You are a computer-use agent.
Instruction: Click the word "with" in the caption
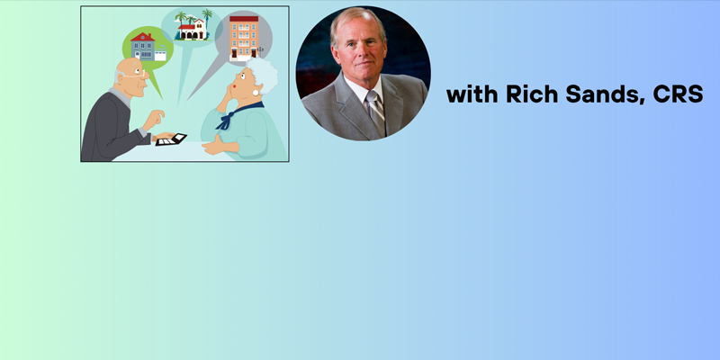click(x=472, y=94)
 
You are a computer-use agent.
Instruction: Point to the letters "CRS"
click(x=678, y=94)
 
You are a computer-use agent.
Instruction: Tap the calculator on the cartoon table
click(x=171, y=139)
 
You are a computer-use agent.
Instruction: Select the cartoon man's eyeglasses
click(x=137, y=74)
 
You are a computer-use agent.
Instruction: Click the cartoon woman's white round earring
click(x=256, y=93)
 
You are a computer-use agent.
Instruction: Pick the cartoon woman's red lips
click(x=234, y=86)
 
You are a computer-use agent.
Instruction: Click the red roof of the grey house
click(x=142, y=37)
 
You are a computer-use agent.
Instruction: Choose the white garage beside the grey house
click(x=160, y=56)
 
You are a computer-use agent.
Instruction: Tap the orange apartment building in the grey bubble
click(x=244, y=38)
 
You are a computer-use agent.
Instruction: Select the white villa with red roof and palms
click(x=192, y=31)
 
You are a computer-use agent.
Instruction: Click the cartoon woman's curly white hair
click(x=264, y=75)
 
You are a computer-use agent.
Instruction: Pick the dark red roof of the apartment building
click(x=244, y=19)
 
